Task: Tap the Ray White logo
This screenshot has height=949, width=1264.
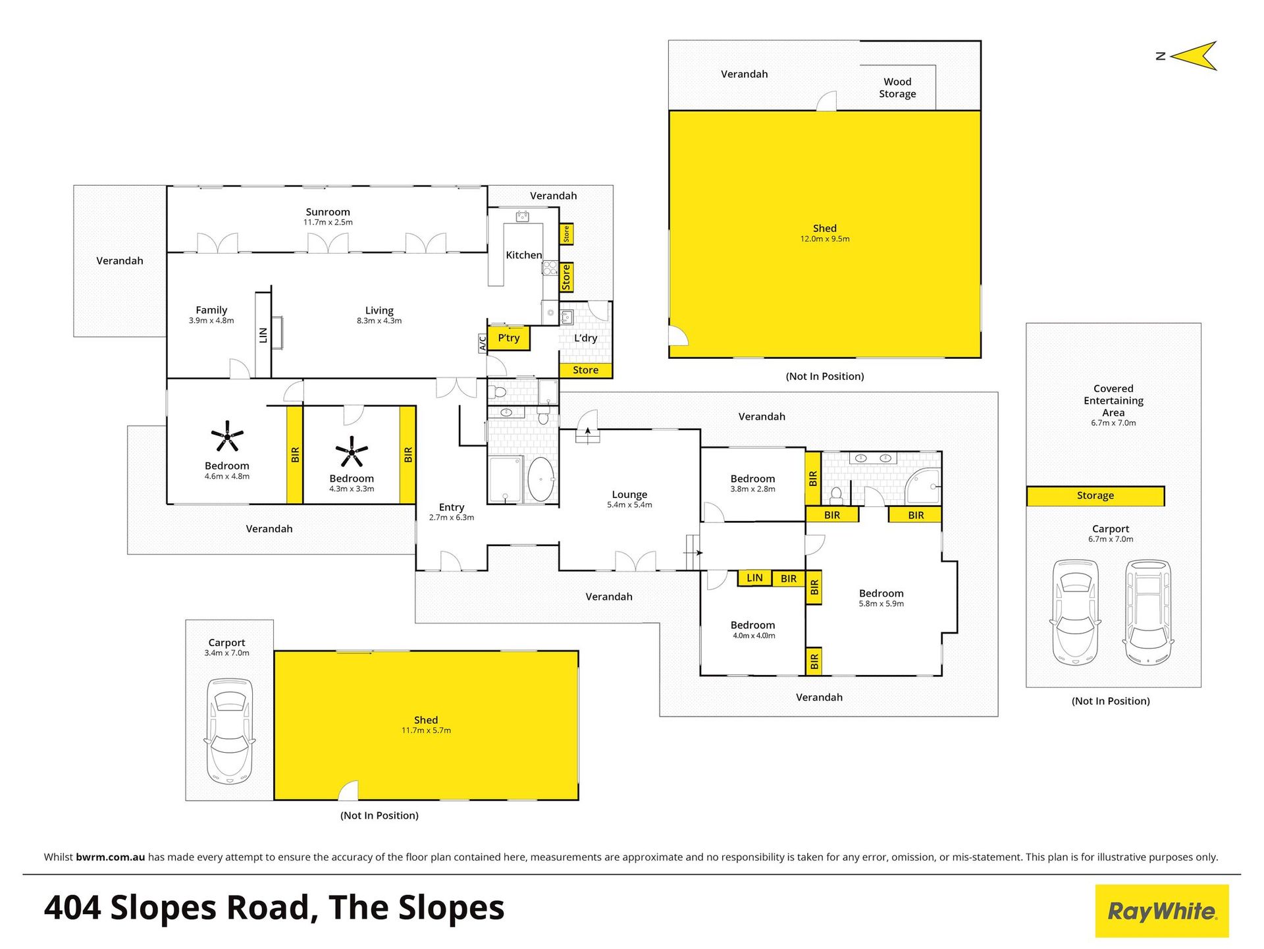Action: pos(1162,911)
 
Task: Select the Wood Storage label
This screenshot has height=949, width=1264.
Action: pos(897,88)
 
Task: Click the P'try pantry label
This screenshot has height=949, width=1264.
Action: pos(509,338)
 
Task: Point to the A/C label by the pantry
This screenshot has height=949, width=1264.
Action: pos(483,343)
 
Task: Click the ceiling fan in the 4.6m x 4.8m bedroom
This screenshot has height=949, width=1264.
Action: pos(227,435)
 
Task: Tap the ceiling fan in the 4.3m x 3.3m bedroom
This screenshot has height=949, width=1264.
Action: pos(352,451)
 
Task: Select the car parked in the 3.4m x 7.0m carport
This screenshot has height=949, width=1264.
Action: pos(230,731)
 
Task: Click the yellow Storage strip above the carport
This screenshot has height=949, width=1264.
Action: pos(1095,496)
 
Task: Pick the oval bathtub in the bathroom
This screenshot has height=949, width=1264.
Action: pos(540,479)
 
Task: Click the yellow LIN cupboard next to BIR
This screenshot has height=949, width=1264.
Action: pos(754,578)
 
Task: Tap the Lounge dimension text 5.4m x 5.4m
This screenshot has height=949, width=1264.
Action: pos(629,505)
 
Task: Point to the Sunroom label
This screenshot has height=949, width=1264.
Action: pos(328,212)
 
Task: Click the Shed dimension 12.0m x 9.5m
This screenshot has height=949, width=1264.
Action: pos(825,239)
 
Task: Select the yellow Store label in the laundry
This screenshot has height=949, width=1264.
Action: pos(585,370)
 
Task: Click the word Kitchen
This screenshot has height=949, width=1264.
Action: pos(524,255)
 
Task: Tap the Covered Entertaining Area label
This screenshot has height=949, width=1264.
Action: pos(1113,400)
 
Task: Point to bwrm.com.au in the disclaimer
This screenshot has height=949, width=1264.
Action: pos(111,857)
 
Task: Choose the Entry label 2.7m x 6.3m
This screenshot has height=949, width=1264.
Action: pos(452,512)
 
